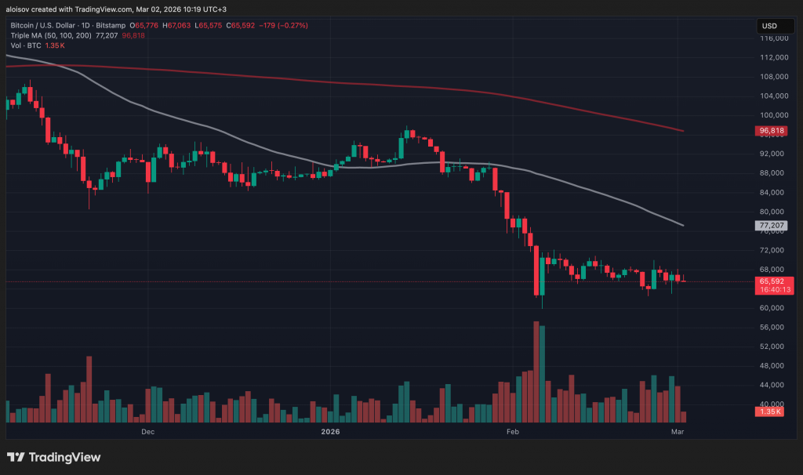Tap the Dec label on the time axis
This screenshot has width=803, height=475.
coord(147,431)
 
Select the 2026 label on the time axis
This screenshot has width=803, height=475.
coord(331,431)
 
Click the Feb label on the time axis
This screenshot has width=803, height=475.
coord(513,431)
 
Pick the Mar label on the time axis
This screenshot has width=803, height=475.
coord(677,431)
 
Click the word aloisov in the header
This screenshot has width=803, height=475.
coord(20,9)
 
